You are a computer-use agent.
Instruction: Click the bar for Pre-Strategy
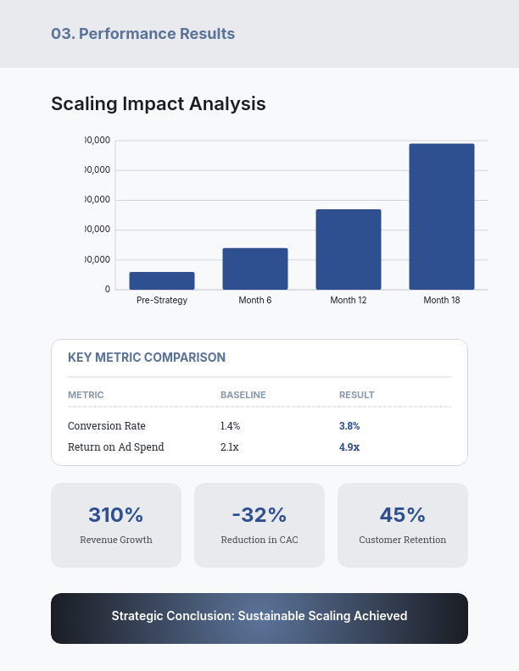tap(162, 280)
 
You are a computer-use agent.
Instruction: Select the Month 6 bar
tap(255, 269)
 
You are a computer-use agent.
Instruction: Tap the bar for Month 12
tap(349, 249)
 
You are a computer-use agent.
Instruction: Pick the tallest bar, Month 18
tap(442, 217)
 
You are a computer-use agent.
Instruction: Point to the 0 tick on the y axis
tap(108, 289)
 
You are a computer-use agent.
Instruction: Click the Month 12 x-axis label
tap(349, 301)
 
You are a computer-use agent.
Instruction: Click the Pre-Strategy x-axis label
tap(162, 301)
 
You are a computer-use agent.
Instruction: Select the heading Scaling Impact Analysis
tap(159, 103)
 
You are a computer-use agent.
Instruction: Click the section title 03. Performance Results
tap(143, 34)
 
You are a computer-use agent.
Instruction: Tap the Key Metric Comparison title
tap(147, 358)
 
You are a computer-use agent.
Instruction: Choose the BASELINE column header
tap(243, 395)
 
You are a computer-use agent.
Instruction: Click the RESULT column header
tap(357, 395)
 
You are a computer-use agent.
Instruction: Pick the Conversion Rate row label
tap(107, 426)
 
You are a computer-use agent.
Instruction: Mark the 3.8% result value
tap(349, 426)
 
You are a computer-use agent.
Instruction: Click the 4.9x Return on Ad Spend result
tap(349, 447)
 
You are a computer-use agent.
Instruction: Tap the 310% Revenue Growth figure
tap(116, 514)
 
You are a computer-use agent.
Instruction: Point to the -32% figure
tap(259, 514)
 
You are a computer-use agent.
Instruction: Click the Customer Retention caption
tap(403, 540)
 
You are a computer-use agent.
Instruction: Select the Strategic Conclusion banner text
tap(259, 616)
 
